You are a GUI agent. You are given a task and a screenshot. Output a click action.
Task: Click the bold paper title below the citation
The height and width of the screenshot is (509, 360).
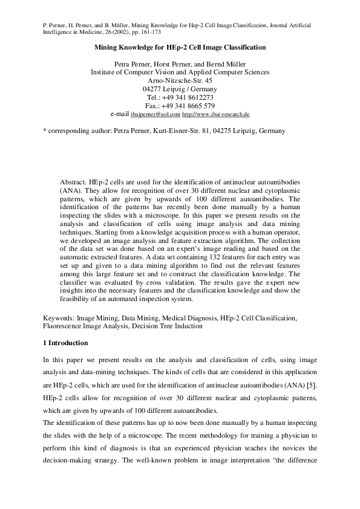pyautogui.click(x=180, y=47)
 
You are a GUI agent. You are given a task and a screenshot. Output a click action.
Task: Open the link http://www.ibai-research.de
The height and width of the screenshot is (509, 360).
pyautogui.click(x=216, y=114)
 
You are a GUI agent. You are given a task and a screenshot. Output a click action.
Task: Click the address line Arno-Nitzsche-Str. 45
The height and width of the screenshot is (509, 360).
pyautogui.click(x=180, y=80)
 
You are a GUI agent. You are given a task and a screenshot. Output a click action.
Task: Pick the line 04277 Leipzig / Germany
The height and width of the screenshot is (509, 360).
pyautogui.click(x=180, y=88)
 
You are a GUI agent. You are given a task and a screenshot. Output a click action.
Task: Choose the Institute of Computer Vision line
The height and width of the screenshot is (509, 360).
pyautogui.click(x=180, y=71)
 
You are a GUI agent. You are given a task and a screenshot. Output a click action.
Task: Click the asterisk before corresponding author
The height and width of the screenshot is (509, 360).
pyautogui.click(x=45, y=130)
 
